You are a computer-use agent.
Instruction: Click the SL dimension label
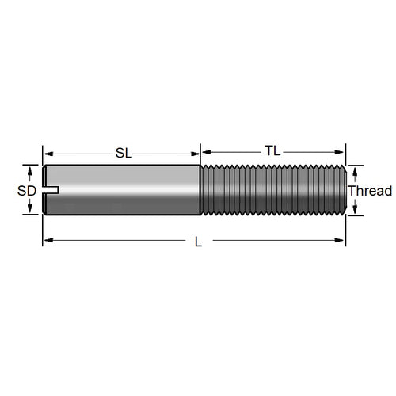pos(124,153)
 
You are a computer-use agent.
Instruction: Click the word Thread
pos(370,191)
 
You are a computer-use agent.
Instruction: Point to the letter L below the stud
pos(198,242)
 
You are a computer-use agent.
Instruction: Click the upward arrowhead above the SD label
pos(32,169)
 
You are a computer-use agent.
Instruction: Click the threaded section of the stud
pos(269,190)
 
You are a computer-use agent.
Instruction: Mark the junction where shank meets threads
pos(200,190)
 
